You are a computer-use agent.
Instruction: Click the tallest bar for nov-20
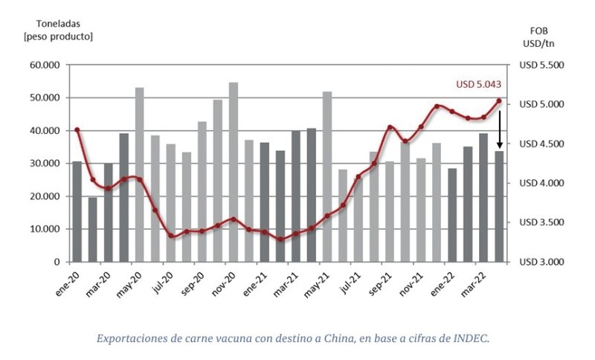coord(233,172)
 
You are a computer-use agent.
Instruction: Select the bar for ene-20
coord(77,211)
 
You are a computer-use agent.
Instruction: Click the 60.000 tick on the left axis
coord(44,65)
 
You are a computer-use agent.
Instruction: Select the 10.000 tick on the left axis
coord(44,229)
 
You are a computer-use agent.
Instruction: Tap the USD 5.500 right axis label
coord(542,65)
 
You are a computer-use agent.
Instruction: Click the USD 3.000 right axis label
coord(542,262)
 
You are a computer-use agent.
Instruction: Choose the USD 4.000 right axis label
coord(542,183)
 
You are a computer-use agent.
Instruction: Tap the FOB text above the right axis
coord(539,30)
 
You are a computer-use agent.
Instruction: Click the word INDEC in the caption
coord(473,338)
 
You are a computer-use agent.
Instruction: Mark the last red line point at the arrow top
coord(499,101)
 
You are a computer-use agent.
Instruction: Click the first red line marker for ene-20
coord(77,130)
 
